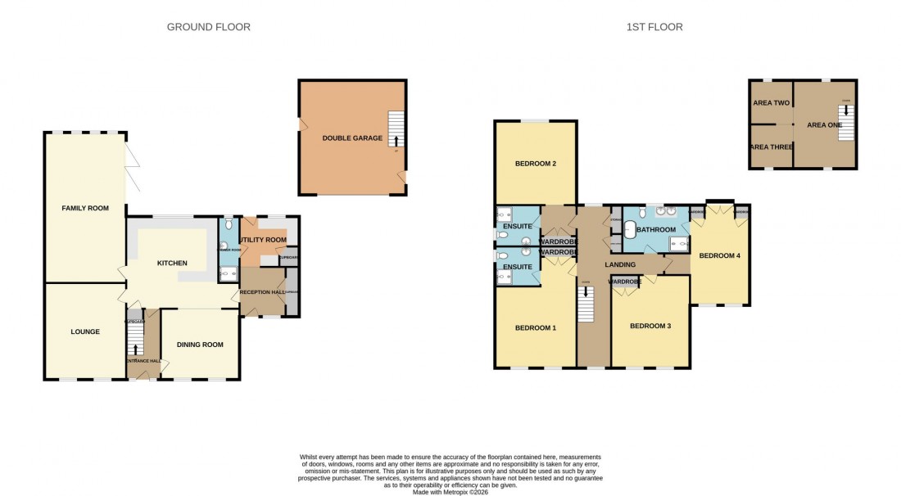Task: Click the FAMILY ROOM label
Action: coord(85,209)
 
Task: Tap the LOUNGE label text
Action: coord(85,331)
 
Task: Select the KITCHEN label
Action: coord(173,263)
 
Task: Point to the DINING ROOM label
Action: coord(201,345)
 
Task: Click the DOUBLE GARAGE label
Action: coord(352,138)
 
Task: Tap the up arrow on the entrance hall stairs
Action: coord(135,349)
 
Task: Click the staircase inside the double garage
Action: coord(396,129)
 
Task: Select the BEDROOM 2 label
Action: coord(536,164)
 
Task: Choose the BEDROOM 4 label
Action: coord(719,255)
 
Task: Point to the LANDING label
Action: coord(619,264)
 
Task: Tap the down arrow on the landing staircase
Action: coord(585,291)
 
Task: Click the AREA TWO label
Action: coord(770,103)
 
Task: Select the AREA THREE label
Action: coord(770,147)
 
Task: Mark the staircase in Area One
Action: coord(846,123)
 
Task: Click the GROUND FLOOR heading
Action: coord(208,27)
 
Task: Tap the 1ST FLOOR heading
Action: coord(654,27)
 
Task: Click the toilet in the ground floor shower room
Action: coord(228,223)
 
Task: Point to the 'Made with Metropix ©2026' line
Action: coord(450,492)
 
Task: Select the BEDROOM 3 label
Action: coord(650,326)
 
